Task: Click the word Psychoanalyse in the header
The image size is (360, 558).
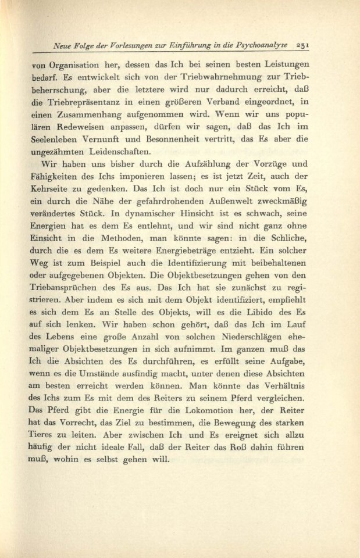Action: pyautogui.click(x=277, y=45)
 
